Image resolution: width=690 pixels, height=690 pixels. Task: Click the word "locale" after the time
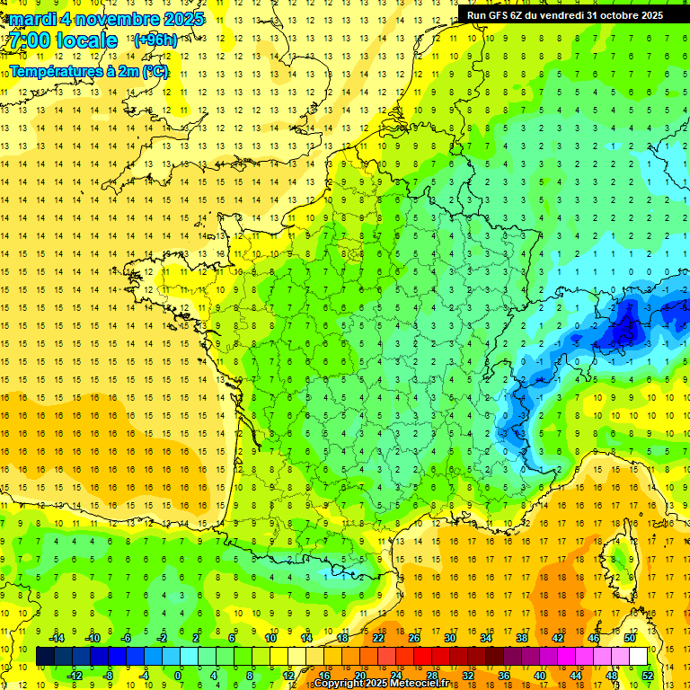point(87,41)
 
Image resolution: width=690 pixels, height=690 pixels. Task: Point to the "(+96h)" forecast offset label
point(155,40)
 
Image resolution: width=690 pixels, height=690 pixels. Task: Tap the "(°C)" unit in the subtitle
point(155,71)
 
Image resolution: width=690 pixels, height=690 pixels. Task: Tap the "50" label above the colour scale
point(630,638)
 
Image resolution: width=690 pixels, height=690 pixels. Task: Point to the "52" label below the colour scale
point(648,676)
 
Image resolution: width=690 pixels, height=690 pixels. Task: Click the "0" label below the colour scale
point(179,676)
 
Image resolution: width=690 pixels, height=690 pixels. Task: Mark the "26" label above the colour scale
point(414,638)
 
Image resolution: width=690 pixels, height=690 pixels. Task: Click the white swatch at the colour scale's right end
point(638,657)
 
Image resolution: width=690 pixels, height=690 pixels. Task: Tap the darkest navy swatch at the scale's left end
point(46,657)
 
